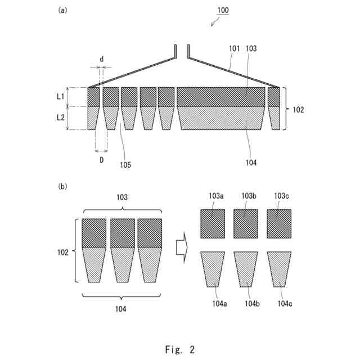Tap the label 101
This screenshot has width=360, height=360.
click(236, 49)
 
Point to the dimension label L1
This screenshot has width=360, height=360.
click(60, 97)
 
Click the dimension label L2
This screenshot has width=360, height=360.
click(60, 118)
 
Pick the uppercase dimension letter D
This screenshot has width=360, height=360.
click(101, 160)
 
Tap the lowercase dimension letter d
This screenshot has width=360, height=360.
click(101, 59)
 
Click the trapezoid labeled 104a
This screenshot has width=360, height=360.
click(213, 268)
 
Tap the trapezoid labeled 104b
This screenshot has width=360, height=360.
click(246, 268)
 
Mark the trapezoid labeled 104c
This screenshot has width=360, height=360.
click(280, 268)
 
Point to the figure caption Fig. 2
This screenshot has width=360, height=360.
click(180, 349)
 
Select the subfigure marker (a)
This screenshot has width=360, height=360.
click(62, 10)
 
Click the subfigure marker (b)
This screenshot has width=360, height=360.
click(62, 185)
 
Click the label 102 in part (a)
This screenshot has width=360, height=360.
click(298, 110)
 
